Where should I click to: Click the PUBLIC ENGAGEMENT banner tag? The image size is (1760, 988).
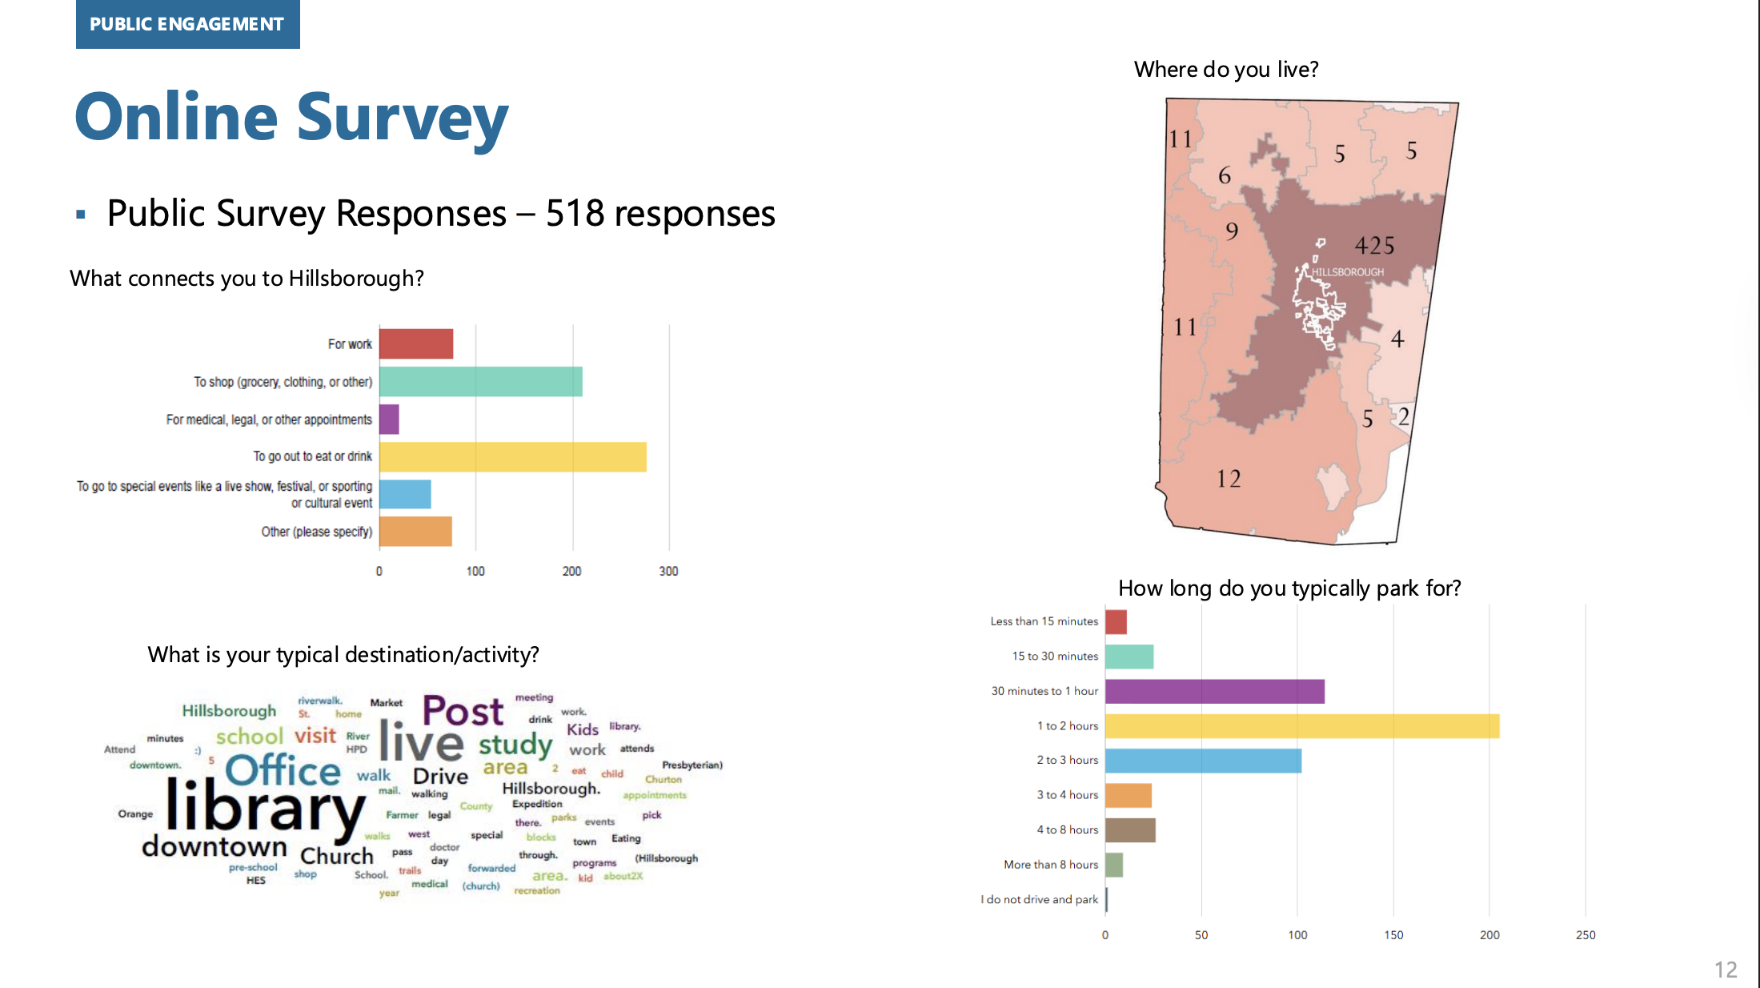(x=187, y=24)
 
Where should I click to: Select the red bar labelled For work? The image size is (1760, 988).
(x=415, y=343)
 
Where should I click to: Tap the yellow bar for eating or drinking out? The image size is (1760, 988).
(x=512, y=456)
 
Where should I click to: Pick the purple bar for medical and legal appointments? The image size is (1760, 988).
(x=389, y=419)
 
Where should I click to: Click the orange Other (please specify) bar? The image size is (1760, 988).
(x=415, y=532)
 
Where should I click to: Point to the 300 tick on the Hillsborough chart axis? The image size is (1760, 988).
(x=668, y=571)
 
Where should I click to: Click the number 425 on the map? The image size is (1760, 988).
(x=1374, y=245)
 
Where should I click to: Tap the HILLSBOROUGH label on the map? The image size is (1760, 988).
(x=1347, y=272)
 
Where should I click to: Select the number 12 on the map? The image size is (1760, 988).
(x=1229, y=479)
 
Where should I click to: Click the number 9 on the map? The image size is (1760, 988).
(x=1232, y=231)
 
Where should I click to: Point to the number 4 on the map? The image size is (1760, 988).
(x=1397, y=339)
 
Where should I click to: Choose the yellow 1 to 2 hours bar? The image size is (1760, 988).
(x=1301, y=726)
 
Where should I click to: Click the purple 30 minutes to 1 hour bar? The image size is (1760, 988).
(x=1214, y=691)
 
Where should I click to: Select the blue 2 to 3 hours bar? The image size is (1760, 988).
(x=1203, y=761)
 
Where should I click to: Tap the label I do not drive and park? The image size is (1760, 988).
(x=1039, y=899)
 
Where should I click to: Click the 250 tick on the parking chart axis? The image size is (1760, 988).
(x=1585, y=934)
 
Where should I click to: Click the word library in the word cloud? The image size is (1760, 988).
(x=264, y=807)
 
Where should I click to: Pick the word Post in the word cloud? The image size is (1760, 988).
(x=463, y=711)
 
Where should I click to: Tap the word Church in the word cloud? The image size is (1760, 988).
(x=336, y=856)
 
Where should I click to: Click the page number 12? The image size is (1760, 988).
(x=1726, y=970)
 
